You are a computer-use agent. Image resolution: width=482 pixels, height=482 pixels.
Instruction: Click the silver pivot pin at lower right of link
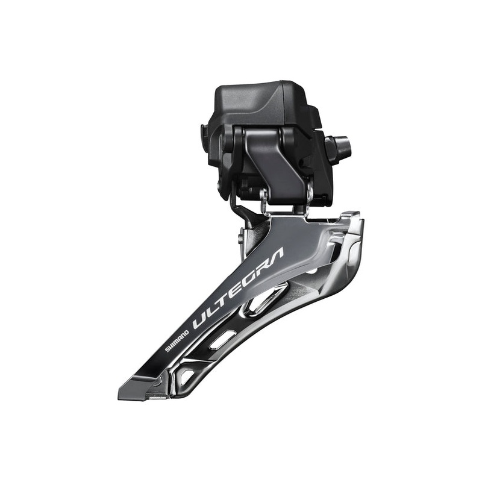point(309,195)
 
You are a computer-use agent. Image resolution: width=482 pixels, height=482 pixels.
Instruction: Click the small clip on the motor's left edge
point(205,131)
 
